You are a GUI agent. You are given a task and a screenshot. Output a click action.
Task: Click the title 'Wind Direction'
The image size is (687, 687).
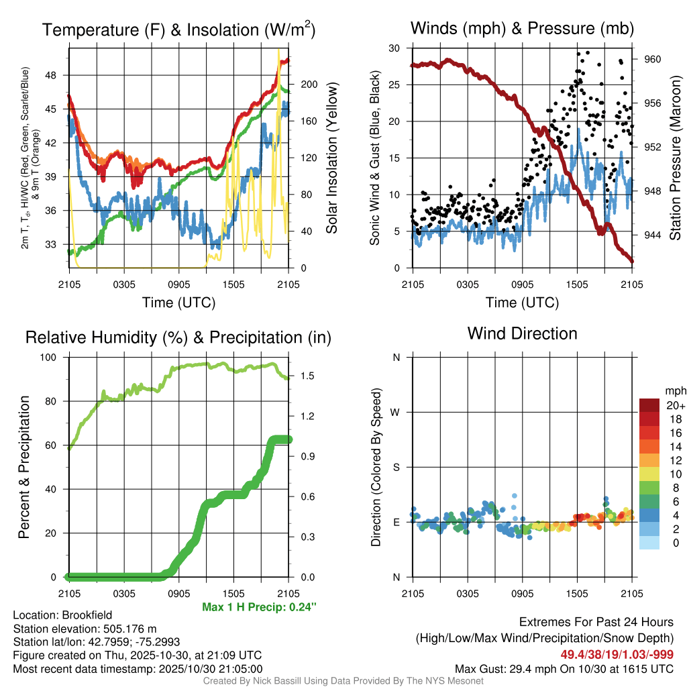(522, 333)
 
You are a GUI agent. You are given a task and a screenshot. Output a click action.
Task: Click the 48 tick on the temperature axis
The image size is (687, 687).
(58, 75)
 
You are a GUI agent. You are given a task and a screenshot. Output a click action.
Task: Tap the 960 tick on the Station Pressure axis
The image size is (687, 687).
(652, 59)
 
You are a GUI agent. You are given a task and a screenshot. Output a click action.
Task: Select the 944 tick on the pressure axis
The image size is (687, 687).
(652, 235)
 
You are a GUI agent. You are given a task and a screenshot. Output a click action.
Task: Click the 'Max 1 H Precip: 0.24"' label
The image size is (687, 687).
(259, 607)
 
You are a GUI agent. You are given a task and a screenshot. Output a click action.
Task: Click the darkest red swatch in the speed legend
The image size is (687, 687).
(649, 405)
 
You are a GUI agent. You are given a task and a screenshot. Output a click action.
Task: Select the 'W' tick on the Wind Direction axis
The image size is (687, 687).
(397, 413)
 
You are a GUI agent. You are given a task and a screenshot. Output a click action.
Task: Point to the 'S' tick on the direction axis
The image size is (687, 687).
(397, 467)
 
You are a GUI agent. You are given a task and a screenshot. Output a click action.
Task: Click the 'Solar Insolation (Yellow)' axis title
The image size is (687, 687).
(331, 158)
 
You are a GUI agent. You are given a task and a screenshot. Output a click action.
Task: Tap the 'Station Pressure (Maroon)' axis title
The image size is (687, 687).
(676, 158)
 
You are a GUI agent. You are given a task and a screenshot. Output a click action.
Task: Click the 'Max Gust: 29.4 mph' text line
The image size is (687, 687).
(564, 668)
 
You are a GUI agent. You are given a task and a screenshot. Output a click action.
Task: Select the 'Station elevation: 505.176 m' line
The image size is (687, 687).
(85, 629)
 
